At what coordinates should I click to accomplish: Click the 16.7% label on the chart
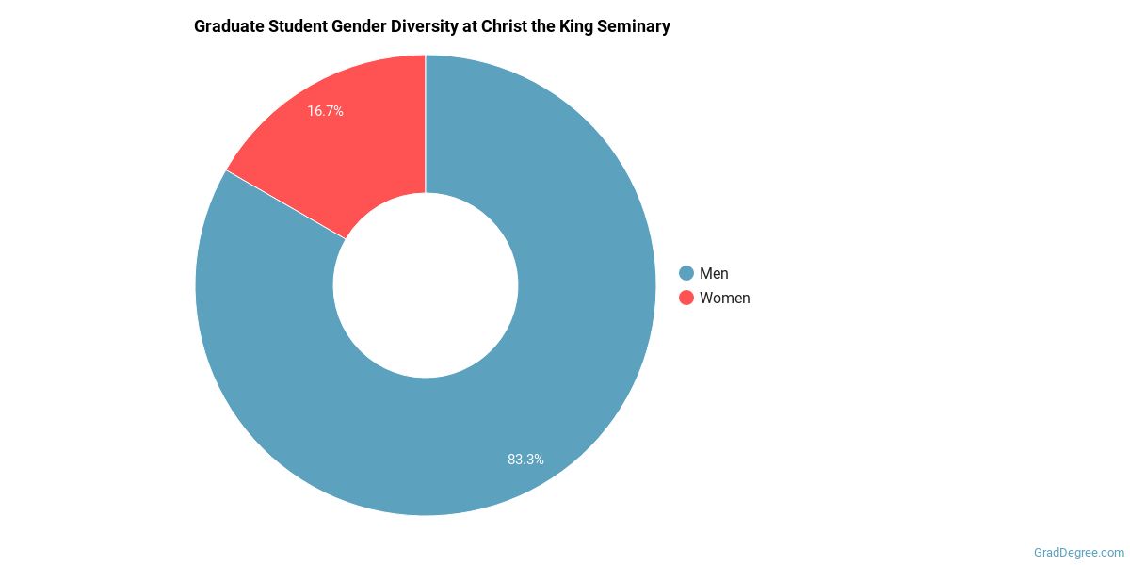[325, 111]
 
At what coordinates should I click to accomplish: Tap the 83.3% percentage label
[525, 460]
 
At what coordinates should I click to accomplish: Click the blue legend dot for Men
[686, 273]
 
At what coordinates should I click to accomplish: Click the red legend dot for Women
[686, 298]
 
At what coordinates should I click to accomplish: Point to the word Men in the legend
[714, 273]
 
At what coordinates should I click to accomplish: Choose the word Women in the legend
[724, 298]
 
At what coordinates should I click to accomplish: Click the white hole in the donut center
[426, 284]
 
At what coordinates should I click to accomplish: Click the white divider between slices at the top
[426, 122]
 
